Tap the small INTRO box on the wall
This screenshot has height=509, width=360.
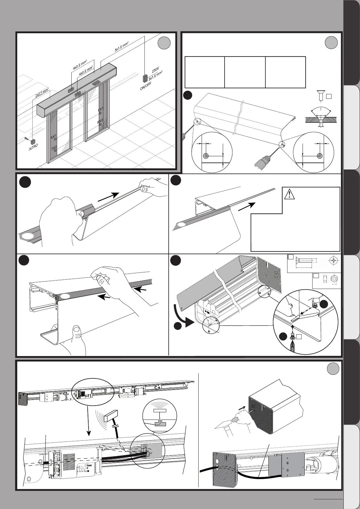[34, 141]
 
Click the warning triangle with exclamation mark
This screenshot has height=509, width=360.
[290, 193]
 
